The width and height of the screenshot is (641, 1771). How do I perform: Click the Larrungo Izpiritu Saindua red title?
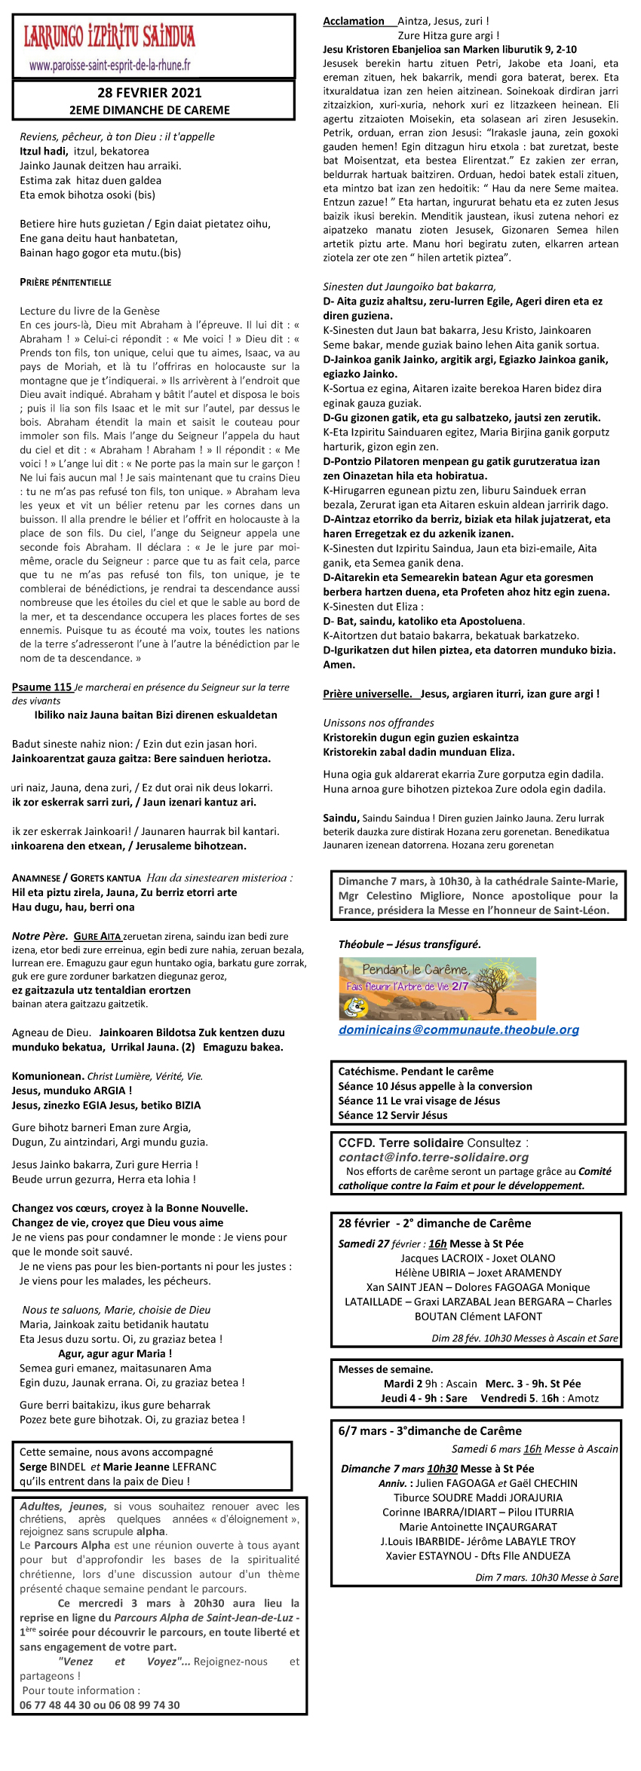(x=109, y=36)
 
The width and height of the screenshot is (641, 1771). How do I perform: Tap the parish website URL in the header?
(x=109, y=66)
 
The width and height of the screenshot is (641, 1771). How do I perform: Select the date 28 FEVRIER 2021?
(x=149, y=93)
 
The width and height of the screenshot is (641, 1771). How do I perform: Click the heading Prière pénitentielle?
(x=66, y=283)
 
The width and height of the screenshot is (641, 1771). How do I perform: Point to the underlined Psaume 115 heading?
(x=42, y=687)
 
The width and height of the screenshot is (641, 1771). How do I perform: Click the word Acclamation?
(x=354, y=21)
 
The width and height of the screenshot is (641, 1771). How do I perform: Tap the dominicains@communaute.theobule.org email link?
(x=459, y=1029)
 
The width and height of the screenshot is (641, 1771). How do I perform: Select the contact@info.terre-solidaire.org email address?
(x=434, y=1157)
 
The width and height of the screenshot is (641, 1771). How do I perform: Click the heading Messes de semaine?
(x=385, y=1369)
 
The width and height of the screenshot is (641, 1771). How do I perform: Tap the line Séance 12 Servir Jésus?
(x=393, y=1115)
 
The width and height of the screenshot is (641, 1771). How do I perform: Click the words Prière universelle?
(x=367, y=694)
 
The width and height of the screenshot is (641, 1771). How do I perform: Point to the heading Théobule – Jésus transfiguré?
(x=409, y=944)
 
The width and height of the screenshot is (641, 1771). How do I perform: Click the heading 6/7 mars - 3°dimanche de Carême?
(x=430, y=1430)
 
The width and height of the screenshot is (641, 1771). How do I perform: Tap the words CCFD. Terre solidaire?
(x=400, y=1142)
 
